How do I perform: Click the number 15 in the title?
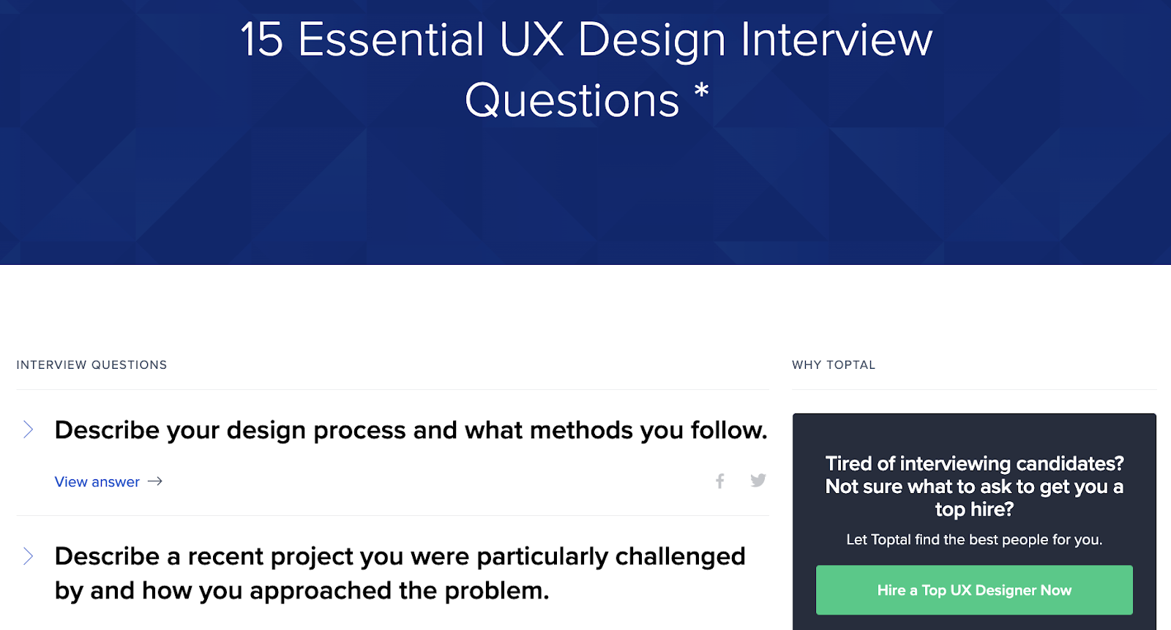(262, 40)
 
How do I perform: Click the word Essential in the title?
(391, 40)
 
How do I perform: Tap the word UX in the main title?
(531, 40)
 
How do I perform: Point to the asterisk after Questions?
(702, 91)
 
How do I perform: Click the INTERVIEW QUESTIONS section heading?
(91, 365)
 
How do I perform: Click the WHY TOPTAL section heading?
(834, 365)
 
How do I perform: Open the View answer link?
(97, 481)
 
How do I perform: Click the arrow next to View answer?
(154, 481)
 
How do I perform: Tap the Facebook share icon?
(720, 481)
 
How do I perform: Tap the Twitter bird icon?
(758, 480)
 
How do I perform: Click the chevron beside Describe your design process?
(29, 430)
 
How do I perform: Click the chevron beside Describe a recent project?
(29, 556)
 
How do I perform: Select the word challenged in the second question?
(680, 556)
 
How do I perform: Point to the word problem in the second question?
(497, 591)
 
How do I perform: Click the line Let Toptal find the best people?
(974, 539)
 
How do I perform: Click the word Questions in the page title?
(572, 100)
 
